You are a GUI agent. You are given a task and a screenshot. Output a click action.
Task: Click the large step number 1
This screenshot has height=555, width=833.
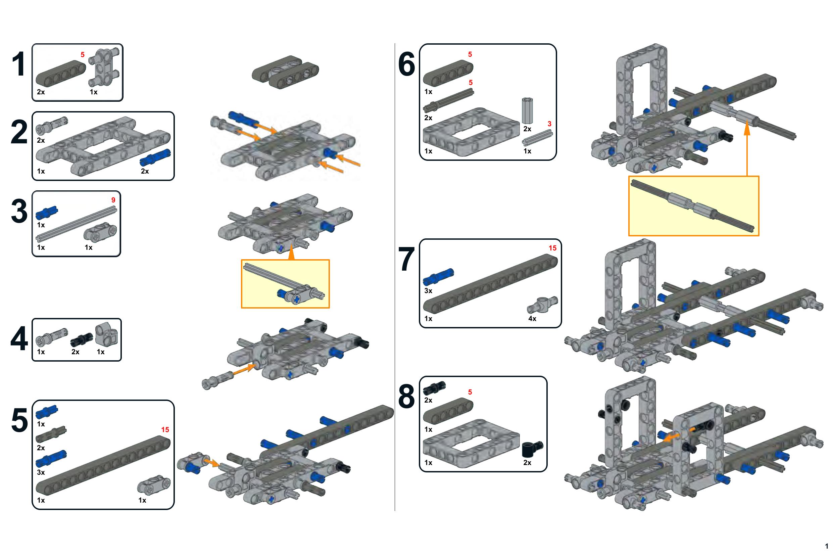coord(19,64)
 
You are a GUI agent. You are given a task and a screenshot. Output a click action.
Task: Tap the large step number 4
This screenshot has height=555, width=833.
coord(19,339)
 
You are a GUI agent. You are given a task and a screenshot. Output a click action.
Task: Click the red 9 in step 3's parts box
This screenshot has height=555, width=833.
coord(113,200)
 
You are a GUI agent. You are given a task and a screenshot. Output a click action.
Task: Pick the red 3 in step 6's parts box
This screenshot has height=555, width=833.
coord(549,124)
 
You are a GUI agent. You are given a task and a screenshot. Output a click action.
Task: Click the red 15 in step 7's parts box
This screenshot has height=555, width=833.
coord(552,248)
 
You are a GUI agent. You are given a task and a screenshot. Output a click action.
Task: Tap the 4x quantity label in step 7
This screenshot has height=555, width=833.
coord(532,319)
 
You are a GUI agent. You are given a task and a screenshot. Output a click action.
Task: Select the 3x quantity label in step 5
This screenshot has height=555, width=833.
coord(41,472)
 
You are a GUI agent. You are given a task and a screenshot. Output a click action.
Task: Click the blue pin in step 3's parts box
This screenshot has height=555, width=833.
coord(47,213)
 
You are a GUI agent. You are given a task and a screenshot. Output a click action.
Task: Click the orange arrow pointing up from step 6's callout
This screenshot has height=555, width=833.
coord(747,149)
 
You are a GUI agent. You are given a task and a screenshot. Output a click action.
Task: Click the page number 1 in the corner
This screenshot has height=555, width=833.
coord(827,546)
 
